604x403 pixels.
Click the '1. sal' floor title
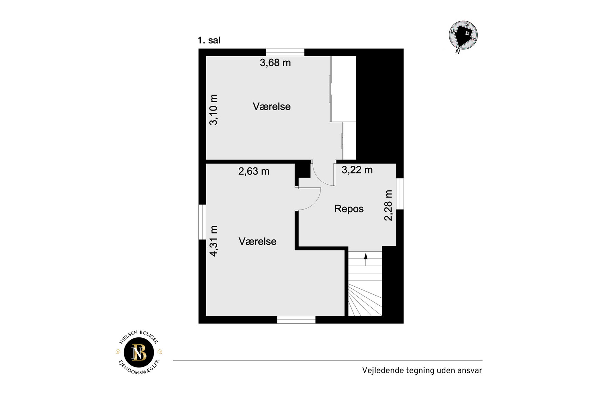pyautogui.click(x=209, y=40)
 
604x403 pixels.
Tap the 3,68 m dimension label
pyautogui.click(x=275, y=63)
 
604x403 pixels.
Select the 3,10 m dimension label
pyautogui.click(x=214, y=109)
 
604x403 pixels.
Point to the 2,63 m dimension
pyautogui.click(x=254, y=171)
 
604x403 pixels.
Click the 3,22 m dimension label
pyautogui.click(x=357, y=170)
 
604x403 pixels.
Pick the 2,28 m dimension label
pyautogui.click(x=388, y=205)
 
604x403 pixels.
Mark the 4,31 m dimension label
pyautogui.click(x=214, y=241)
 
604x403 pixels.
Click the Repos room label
pyautogui.click(x=349, y=209)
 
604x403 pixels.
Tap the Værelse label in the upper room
pyautogui.click(x=272, y=106)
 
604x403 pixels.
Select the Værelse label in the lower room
pyautogui.click(x=258, y=241)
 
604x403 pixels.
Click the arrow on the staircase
pyautogui.click(x=366, y=259)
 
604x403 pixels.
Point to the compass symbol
pyautogui.click(x=463, y=35)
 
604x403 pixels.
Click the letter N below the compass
pyautogui.click(x=458, y=52)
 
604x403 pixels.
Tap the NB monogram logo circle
pyautogui.click(x=139, y=353)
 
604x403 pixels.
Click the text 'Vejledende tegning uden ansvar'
pyautogui.click(x=422, y=371)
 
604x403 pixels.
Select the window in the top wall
pyautogui.click(x=285, y=52)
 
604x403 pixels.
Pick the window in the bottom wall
pyautogui.click(x=296, y=320)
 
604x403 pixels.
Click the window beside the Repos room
pyautogui.click(x=400, y=194)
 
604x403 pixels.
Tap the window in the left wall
pyautogui.click(x=202, y=222)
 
